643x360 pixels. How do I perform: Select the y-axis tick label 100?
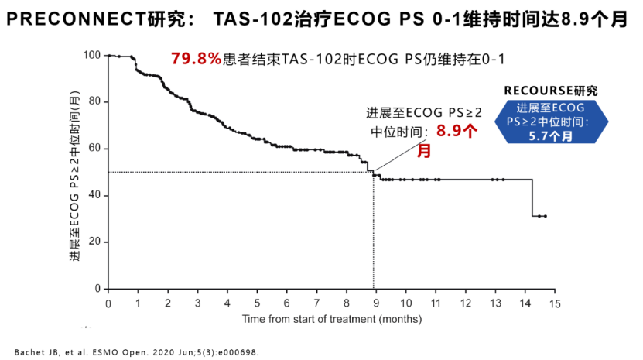pos(92,55)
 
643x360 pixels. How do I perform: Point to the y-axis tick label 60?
pos(94,148)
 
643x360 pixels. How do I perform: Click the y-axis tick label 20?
pos(94,242)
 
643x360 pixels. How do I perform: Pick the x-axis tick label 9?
pos(375,303)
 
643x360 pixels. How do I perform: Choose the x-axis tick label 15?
pos(553,303)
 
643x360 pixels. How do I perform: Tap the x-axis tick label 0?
pos(108,303)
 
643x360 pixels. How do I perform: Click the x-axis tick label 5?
pos(256,303)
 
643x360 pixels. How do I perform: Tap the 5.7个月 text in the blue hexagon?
pos(551,136)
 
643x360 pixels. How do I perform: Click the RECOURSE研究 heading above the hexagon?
pos(550,91)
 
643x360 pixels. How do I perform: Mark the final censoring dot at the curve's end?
pos(546,216)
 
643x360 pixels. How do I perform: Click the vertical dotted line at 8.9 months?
pos(375,232)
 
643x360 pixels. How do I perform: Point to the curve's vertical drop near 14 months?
pos(532,198)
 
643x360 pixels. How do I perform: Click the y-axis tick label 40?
pos(94,195)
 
